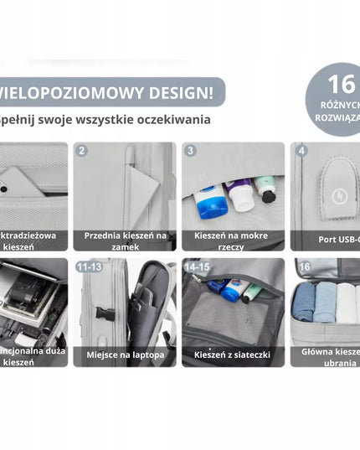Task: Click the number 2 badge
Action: pos(81,151)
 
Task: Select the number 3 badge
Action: pos(190,151)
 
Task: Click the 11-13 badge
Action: pos(90,266)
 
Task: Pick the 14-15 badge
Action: pos(198,266)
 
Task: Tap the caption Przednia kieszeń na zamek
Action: pos(126,241)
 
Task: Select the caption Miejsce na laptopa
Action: pos(126,355)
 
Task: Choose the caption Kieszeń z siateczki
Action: pos(232,355)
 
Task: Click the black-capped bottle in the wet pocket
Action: pos(266,191)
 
